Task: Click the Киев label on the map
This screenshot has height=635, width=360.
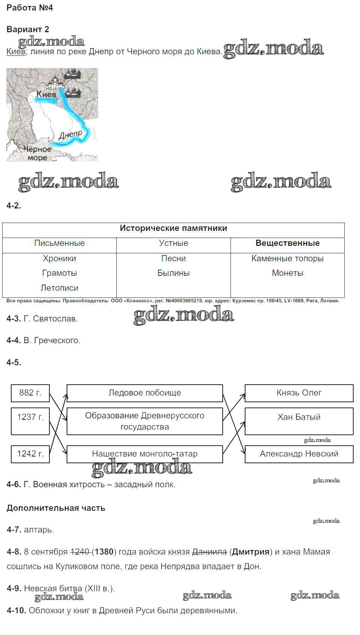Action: pyautogui.click(x=46, y=94)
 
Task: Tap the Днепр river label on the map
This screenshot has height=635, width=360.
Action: pyautogui.click(x=70, y=135)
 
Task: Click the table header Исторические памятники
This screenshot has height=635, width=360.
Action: pyautogui.click(x=173, y=228)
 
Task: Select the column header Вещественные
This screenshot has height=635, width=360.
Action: pyautogui.click(x=287, y=243)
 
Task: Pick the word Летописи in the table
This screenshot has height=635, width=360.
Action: pyautogui.click(x=60, y=288)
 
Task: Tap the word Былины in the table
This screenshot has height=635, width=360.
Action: pyautogui.click(x=173, y=273)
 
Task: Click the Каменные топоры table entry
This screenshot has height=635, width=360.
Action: pyautogui.click(x=287, y=259)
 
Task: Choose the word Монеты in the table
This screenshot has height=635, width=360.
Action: pyautogui.click(x=287, y=273)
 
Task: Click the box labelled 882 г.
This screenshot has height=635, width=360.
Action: pyautogui.click(x=30, y=393)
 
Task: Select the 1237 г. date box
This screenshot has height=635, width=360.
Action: pyautogui.click(x=30, y=421)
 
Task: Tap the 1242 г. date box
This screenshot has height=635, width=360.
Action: pyautogui.click(x=30, y=454)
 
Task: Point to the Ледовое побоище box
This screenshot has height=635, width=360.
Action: pyautogui.click(x=145, y=393)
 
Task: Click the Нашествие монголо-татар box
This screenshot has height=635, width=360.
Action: pyautogui.click(x=145, y=454)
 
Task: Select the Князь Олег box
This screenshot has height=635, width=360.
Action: pyautogui.click(x=299, y=393)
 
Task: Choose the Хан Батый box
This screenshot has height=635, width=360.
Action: pyautogui.click(x=299, y=421)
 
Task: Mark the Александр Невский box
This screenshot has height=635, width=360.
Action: pyautogui.click(x=299, y=454)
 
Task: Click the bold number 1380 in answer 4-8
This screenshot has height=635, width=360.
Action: pyautogui.click(x=104, y=552)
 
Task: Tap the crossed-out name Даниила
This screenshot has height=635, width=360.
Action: pyautogui.click(x=209, y=552)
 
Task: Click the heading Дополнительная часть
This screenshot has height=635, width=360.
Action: pyautogui.click(x=56, y=508)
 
